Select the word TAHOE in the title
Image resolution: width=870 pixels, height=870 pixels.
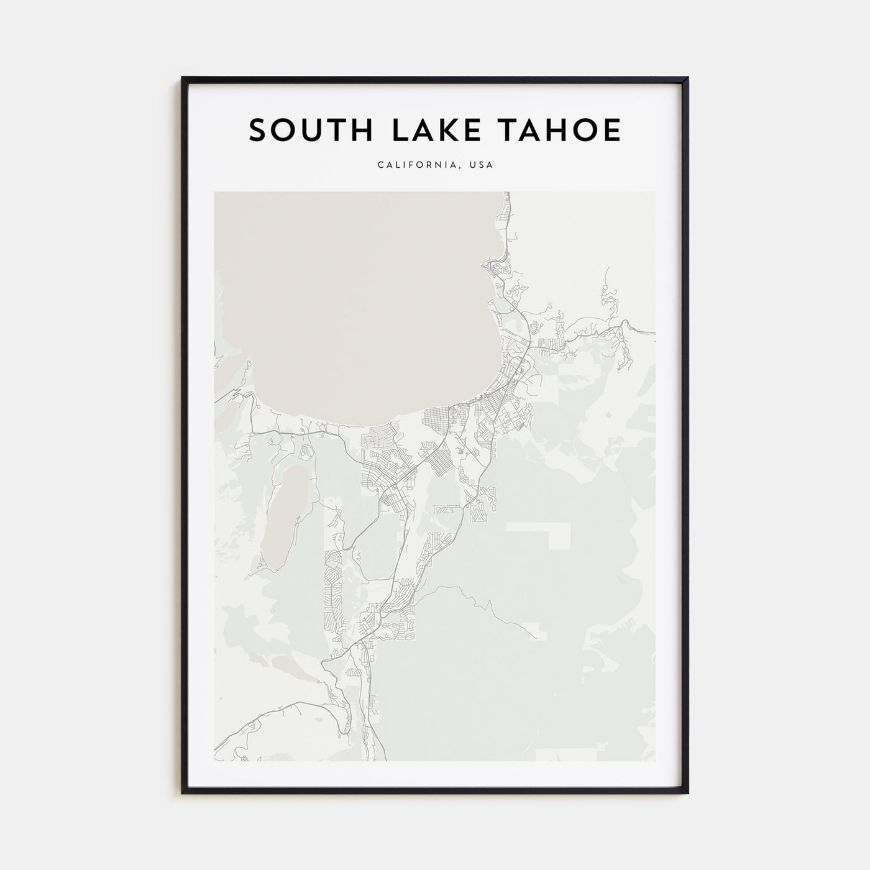[564, 130]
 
